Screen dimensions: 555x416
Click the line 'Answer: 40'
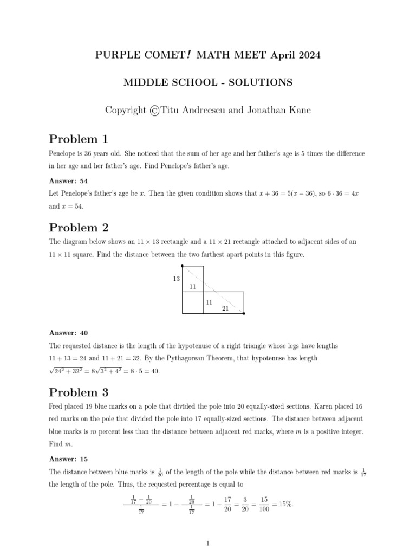(x=69, y=332)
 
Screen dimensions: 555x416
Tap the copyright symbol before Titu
(x=154, y=111)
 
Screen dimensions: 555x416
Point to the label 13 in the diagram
(x=176, y=279)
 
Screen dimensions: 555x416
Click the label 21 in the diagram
(x=226, y=308)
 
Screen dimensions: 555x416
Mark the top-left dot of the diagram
(x=183, y=266)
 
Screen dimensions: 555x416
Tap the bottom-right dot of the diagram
(x=244, y=313)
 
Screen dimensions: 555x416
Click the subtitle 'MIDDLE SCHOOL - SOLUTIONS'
(x=208, y=82)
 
